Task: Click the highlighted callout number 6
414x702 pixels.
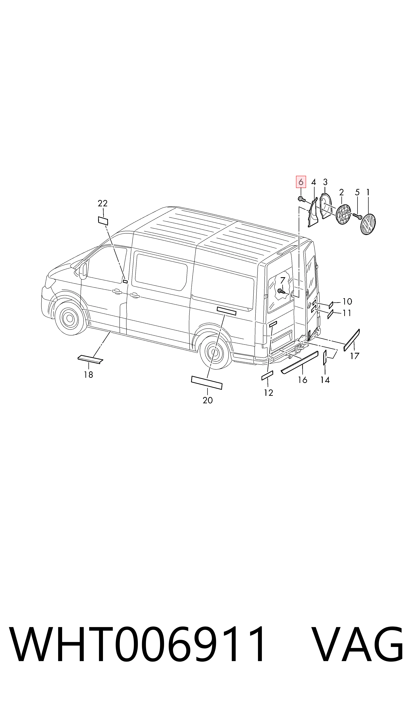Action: (301, 182)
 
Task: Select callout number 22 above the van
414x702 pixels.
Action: (103, 203)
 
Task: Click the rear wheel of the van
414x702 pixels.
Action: (215, 352)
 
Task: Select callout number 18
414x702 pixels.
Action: (88, 375)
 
